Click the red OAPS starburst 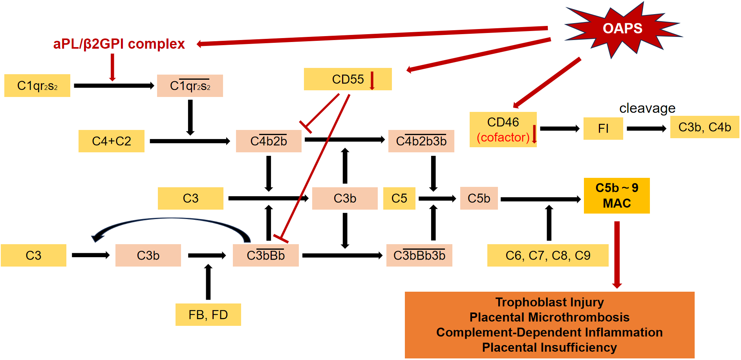pos(622,29)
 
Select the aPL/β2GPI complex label pos(119,44)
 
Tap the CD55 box pos(348,79)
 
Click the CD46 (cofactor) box pos(503,130)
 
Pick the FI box pos(603,128)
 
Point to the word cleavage pos(647,108)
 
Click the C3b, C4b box pos(704,127)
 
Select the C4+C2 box pos(112,141)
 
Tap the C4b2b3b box pos(421,141)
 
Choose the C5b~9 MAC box pos(617,196)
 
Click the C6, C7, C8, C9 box pos(548,256)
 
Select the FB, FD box pos(208,315)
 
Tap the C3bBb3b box pos(419,256)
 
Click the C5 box pos(399,198)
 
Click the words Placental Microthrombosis pos(549,317)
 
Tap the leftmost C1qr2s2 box pos(37,86)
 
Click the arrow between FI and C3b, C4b pos(646,128)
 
